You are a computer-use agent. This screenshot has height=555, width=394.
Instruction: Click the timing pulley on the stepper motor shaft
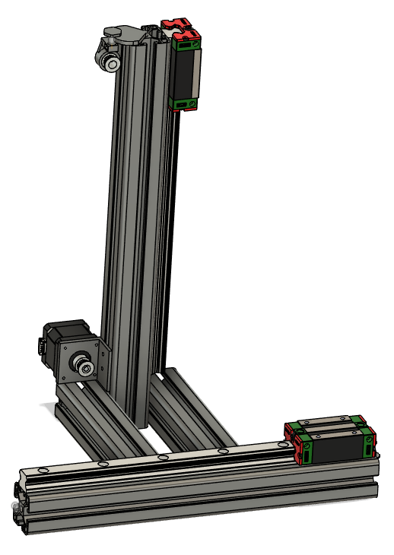pyautogui.click(x=81, y=366)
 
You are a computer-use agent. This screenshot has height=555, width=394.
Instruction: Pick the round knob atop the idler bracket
pyautogui.click(x=111, y=31)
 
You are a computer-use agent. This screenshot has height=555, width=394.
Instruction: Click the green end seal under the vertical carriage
pyautogui.click(x=186, y=103)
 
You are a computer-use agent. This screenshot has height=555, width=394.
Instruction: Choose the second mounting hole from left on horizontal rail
pyautogui.click(x=103, y=464)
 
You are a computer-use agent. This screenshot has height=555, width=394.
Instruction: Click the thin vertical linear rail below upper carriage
pyautogui.click(x=176, y=228)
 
